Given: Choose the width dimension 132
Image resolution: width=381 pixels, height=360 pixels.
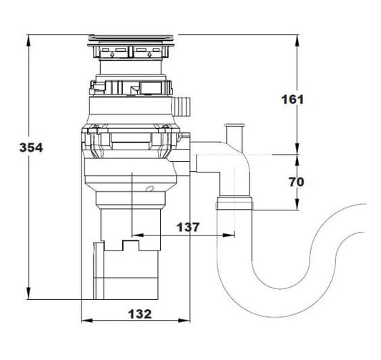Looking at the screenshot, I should pos(140,313).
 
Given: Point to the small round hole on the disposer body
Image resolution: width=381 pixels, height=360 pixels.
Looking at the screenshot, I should pos(149,189).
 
